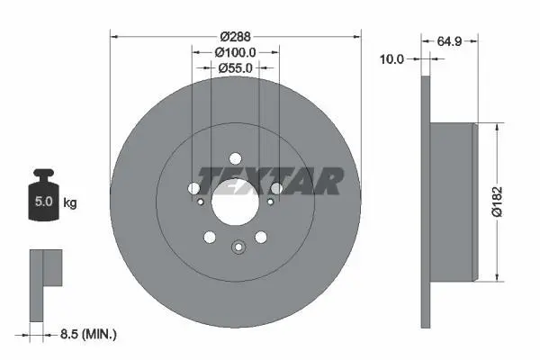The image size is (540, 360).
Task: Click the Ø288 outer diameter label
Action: pos(236,36)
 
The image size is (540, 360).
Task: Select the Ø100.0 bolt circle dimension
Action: pos(235,52)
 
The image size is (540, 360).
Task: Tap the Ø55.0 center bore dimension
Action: pos(235,67)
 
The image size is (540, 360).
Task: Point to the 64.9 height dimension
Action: pos(449,41)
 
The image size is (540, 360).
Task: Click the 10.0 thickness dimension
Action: pos(391,59)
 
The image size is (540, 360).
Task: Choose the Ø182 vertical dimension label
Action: pos(497,202)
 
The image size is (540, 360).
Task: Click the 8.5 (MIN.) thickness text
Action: pos(88,334)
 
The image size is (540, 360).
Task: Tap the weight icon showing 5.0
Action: pos(43,194)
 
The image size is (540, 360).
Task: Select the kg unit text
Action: pos(70,202)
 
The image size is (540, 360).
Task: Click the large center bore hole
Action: pos(235,202)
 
